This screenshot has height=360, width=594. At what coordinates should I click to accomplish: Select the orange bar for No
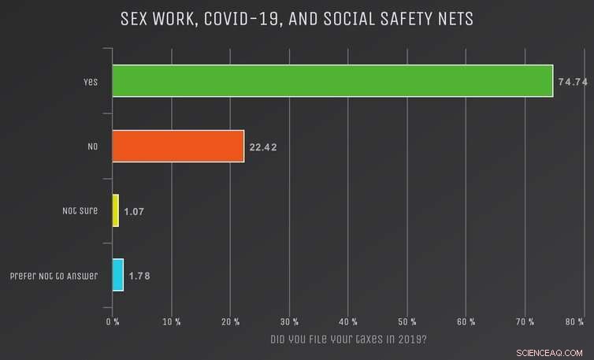click(x=178, y=146)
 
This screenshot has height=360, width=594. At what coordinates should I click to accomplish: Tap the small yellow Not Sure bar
click(x=116, y=210)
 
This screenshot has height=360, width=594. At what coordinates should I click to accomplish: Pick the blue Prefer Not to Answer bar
click(x=118, y=275)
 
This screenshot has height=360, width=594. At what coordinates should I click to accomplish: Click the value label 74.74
click(x=574, y=82)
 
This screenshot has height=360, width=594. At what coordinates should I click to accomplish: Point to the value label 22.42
click(x=265, y=147)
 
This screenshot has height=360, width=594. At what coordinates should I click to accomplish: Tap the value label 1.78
click(x=140, y=276)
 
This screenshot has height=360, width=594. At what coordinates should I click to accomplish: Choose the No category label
click(x=92, y=147)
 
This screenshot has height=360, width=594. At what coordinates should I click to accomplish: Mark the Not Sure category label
click(x=80, y=211)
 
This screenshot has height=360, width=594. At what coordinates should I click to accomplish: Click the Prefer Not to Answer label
click(x=54, y=276)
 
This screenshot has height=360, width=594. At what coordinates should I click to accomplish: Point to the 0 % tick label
click(x=113, y=321)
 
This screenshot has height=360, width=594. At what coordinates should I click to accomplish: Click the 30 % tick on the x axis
click(x=289, y=321)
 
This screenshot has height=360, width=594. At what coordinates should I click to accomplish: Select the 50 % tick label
click(x=407, y=321)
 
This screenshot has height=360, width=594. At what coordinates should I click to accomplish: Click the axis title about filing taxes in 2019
click(x=348, y=340)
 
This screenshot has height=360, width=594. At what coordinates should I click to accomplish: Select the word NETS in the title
click(x=453, y=18)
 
